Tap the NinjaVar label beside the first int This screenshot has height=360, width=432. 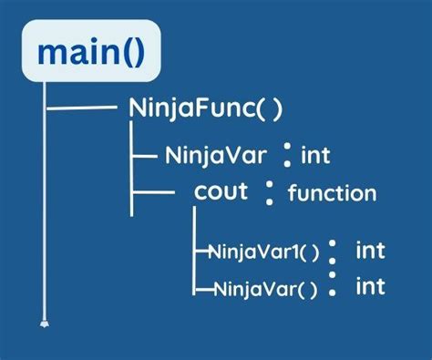point(217,154)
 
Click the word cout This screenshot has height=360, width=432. point(221,192)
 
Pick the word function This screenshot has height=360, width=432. point(332,193)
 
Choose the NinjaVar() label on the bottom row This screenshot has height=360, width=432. point(265,290)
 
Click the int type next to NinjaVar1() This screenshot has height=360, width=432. point(370,249)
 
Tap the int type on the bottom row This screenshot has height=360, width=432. point(370,287)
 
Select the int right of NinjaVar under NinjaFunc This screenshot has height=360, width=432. point(315,155)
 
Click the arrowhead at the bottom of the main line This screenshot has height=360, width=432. point(43,321)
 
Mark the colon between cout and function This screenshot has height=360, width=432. point(270,191)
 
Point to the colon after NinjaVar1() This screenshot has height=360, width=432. point(333,250)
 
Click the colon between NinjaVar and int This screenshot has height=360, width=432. point(286,155)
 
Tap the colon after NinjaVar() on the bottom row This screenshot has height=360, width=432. point(333,286)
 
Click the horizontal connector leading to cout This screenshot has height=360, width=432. point(155,193)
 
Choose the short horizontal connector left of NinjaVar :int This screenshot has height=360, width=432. point(146,155)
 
